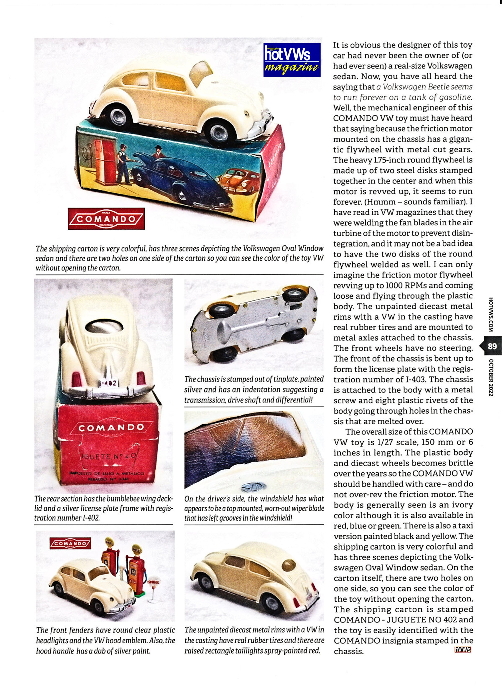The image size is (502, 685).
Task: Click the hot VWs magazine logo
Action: pos(291,60)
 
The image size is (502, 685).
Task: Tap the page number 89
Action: pos(492,346)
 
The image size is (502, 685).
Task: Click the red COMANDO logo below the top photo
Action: pos(106,219)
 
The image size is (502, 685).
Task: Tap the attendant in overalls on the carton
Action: pos(124,164)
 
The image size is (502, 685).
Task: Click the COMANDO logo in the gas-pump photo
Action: pos(70,543)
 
